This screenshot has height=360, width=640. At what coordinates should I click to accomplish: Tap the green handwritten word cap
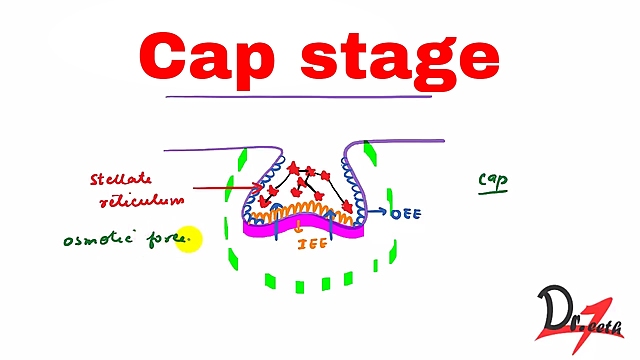(x=492, y=180)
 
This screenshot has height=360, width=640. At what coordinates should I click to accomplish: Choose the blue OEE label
(x=403, y=213)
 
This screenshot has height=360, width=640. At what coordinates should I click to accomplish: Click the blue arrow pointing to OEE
(x=376, y=212)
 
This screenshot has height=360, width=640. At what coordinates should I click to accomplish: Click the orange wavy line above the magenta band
(x=300, y=209)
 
